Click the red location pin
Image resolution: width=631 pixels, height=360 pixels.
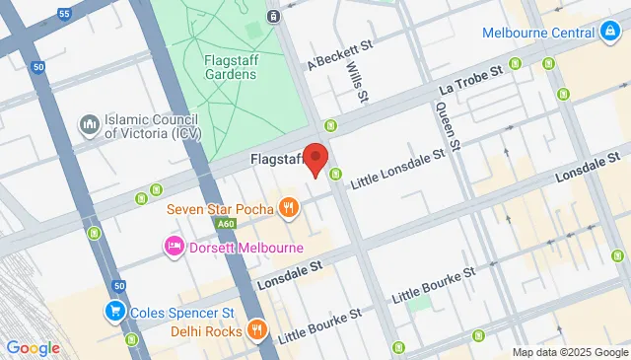point(315,158)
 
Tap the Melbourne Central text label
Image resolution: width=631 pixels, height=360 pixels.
point(536,33)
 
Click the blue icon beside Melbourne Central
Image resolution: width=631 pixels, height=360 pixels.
point(609,33)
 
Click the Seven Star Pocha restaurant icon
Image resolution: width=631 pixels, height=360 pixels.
point(288,208)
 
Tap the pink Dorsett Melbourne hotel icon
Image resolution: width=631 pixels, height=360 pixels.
point(174,245)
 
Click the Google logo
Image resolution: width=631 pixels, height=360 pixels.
point(33,347)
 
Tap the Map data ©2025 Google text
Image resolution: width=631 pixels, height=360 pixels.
point(569,352)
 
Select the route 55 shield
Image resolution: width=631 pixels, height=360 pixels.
point(65,16)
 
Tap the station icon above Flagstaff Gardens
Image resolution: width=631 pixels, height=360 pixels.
point(273,16)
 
